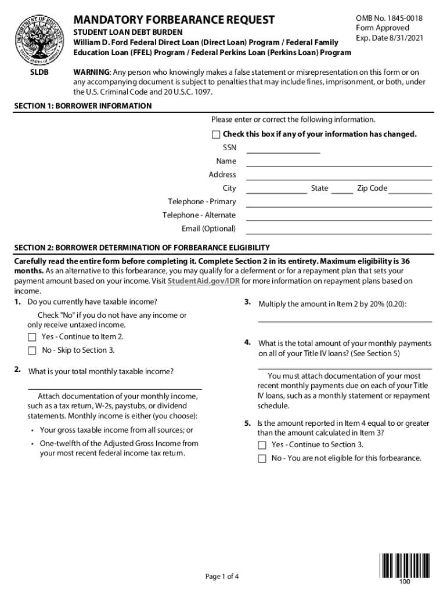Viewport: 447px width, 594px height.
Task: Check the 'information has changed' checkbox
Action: tap(216, 135)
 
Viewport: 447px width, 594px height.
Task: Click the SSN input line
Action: tap(283, 149)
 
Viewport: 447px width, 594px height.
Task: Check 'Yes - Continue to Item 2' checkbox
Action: tap(32, 338)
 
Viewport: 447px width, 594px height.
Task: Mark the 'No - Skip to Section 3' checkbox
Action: tap(32, 351)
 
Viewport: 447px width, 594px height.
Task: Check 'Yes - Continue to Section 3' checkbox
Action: tap(262, 445)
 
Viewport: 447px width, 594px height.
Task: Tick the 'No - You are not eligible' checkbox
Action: tap(262, 459)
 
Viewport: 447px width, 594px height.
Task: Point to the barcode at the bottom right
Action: tap(405, 567)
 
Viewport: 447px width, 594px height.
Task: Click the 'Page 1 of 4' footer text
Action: tap(222, 577)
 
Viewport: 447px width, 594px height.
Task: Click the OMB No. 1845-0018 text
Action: tap(389, 19)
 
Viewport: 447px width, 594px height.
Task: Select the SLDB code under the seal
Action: tap(39, 72)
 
